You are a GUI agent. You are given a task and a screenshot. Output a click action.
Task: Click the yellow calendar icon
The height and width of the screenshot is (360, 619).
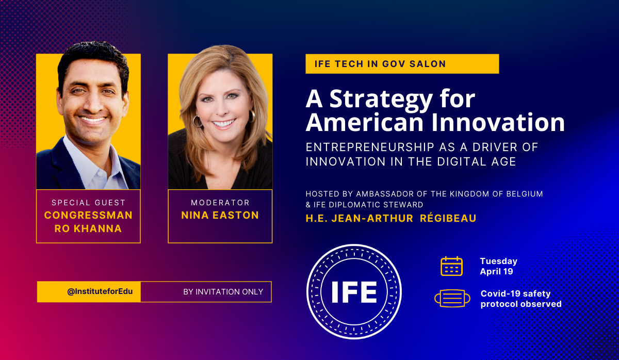click(451, 266)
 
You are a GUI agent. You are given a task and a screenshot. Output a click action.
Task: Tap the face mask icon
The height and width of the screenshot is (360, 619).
click(452, 299)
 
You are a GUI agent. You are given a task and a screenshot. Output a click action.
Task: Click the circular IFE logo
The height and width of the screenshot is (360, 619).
click(354, 292)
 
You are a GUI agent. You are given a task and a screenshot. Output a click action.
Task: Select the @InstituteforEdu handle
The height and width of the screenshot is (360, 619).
click(100, 291)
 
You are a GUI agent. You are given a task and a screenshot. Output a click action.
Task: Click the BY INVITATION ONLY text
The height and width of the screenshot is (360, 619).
click(223, 292)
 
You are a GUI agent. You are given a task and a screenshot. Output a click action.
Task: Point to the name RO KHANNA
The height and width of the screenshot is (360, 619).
click(88, 228)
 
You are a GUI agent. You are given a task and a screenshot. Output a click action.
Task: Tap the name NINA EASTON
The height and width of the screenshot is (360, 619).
click(220, 215)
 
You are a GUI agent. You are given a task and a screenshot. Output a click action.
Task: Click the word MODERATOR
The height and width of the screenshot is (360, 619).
click(220, 203)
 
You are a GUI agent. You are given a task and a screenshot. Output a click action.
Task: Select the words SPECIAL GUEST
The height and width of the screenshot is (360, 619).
click(88, 203)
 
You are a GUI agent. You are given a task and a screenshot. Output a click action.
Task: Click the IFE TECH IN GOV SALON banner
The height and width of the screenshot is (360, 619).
click(402, 64)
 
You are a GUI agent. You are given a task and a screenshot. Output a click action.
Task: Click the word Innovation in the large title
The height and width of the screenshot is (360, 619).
click(498, 122)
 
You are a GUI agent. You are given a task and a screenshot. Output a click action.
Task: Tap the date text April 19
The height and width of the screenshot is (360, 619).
click(497, 271)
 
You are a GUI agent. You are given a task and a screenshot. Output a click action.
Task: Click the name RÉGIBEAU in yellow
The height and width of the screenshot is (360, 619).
click(448, 218)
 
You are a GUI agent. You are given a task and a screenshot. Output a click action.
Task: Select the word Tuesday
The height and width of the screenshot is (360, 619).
click(498, 261)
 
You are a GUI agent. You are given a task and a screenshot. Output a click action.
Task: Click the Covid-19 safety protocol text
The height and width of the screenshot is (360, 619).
click(521, 299)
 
